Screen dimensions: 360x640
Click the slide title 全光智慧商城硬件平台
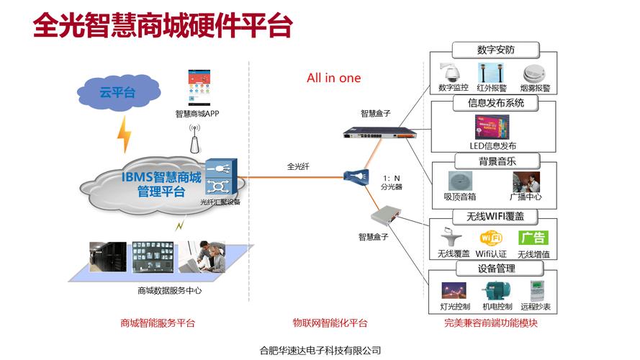click(x=163, y=25)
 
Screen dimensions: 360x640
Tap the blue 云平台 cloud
click(x=117, y=91)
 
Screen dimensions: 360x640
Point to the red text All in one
click(x=333, y=78)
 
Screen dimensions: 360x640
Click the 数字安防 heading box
click(x=496, y=50)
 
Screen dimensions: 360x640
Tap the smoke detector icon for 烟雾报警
click(x=533, y=73)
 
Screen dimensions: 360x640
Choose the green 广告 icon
click(x=533, y=237)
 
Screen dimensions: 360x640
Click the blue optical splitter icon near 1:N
click(x=356, y=176)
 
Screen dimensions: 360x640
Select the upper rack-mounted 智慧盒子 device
click(x=374, y=132)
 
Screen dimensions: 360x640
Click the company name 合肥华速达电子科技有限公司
click(x=320, y=351)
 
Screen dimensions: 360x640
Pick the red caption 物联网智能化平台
click(x=330, y=323)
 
